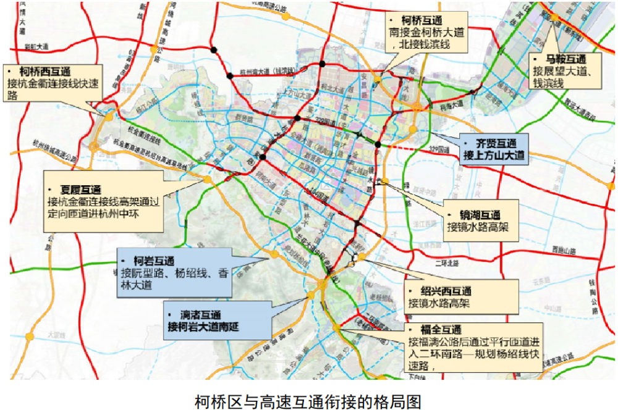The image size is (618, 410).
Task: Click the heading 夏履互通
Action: (80, 189)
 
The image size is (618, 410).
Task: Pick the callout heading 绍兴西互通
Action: (441, 291)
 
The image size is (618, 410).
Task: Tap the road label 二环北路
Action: (445, 263)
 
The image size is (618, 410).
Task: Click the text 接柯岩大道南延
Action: (210, 327)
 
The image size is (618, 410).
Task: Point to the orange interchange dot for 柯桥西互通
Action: (109, 116)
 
